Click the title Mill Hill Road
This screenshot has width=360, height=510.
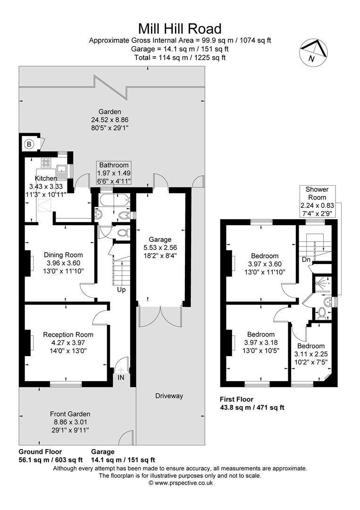tap(179, 28)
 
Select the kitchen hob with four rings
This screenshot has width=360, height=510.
tap(47, 163)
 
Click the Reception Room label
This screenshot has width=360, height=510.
tap(68, 334)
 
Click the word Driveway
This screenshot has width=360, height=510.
tap(169, 396)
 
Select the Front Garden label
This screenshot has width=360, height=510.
tap(70, 414)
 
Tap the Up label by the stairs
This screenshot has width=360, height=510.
tap(121, 289)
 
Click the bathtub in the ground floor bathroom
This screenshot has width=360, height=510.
tap(114, 200)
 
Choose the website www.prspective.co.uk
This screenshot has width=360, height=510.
tap(180, 483)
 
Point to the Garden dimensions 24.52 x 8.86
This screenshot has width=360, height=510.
tap(110, 119)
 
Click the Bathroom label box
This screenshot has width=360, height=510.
tap(114, 173)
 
